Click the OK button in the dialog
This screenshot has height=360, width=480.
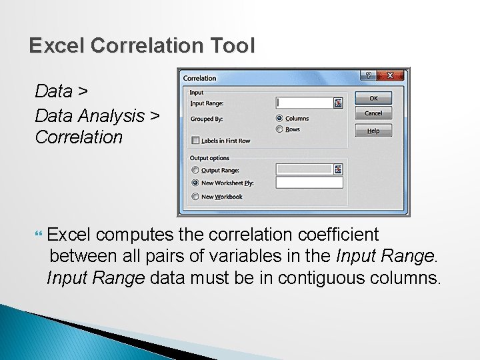coord(373,98)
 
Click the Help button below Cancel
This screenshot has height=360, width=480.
coord(373,131)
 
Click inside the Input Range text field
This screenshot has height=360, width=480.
coord(304,103)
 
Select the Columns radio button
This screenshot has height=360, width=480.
coord(279,119)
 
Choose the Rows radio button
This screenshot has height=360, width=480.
coord(279,129)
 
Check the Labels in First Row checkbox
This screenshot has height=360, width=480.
coord(195,141)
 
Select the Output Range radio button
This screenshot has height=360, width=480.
coord(195,171)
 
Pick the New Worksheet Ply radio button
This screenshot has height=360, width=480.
coord(195,183)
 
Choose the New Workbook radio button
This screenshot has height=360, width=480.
coord(195,197)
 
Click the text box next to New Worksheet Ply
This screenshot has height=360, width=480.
coord(309,183)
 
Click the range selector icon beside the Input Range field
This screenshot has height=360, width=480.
coord(339,103)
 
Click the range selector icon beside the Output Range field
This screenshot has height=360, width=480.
coord(339,170)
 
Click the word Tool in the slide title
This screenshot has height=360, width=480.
coord(233,46)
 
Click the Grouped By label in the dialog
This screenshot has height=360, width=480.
coord(207,119)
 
